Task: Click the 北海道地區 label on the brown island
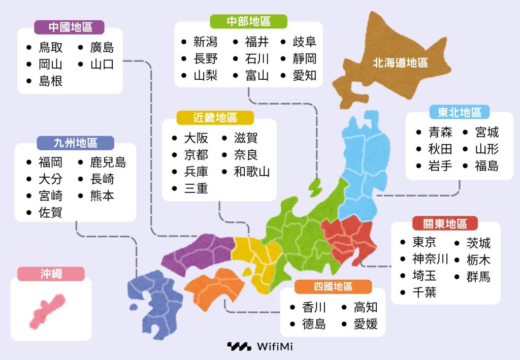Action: (400, 63)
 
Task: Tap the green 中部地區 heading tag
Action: (248, 21)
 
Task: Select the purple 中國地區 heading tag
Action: (70, 27)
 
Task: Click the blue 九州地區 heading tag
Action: (75, 143)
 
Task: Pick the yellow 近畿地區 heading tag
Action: (215, 118)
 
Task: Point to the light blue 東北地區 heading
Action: (460, 112)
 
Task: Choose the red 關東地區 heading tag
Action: (445, 223)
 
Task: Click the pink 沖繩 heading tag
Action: (51, 274)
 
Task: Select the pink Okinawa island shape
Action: (47, 309)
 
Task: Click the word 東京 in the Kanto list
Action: (425, 242)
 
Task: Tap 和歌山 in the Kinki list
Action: (252, 172)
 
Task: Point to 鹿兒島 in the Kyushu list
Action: (108, 162)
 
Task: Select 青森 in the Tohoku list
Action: (440, 133)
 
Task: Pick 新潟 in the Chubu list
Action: (206, 42)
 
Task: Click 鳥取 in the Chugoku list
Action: (51, 48)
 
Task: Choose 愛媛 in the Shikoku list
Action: (366, 323)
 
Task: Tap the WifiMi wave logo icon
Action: (239, 347)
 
